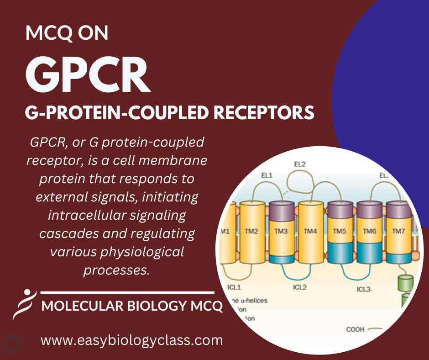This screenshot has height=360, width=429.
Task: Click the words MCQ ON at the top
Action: [x=67, y=34]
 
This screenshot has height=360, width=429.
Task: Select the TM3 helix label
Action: [x=281, y=231]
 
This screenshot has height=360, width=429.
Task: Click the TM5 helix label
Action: [x=340, y=231]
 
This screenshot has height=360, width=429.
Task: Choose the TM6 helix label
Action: [x=369, y=231]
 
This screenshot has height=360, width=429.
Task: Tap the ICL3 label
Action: [x=364, y=289]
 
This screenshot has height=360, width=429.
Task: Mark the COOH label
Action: [x=355, y=329]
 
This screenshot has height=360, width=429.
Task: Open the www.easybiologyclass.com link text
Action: [x=132, y=340]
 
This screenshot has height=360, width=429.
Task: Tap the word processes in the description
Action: [x=117, y=270]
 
